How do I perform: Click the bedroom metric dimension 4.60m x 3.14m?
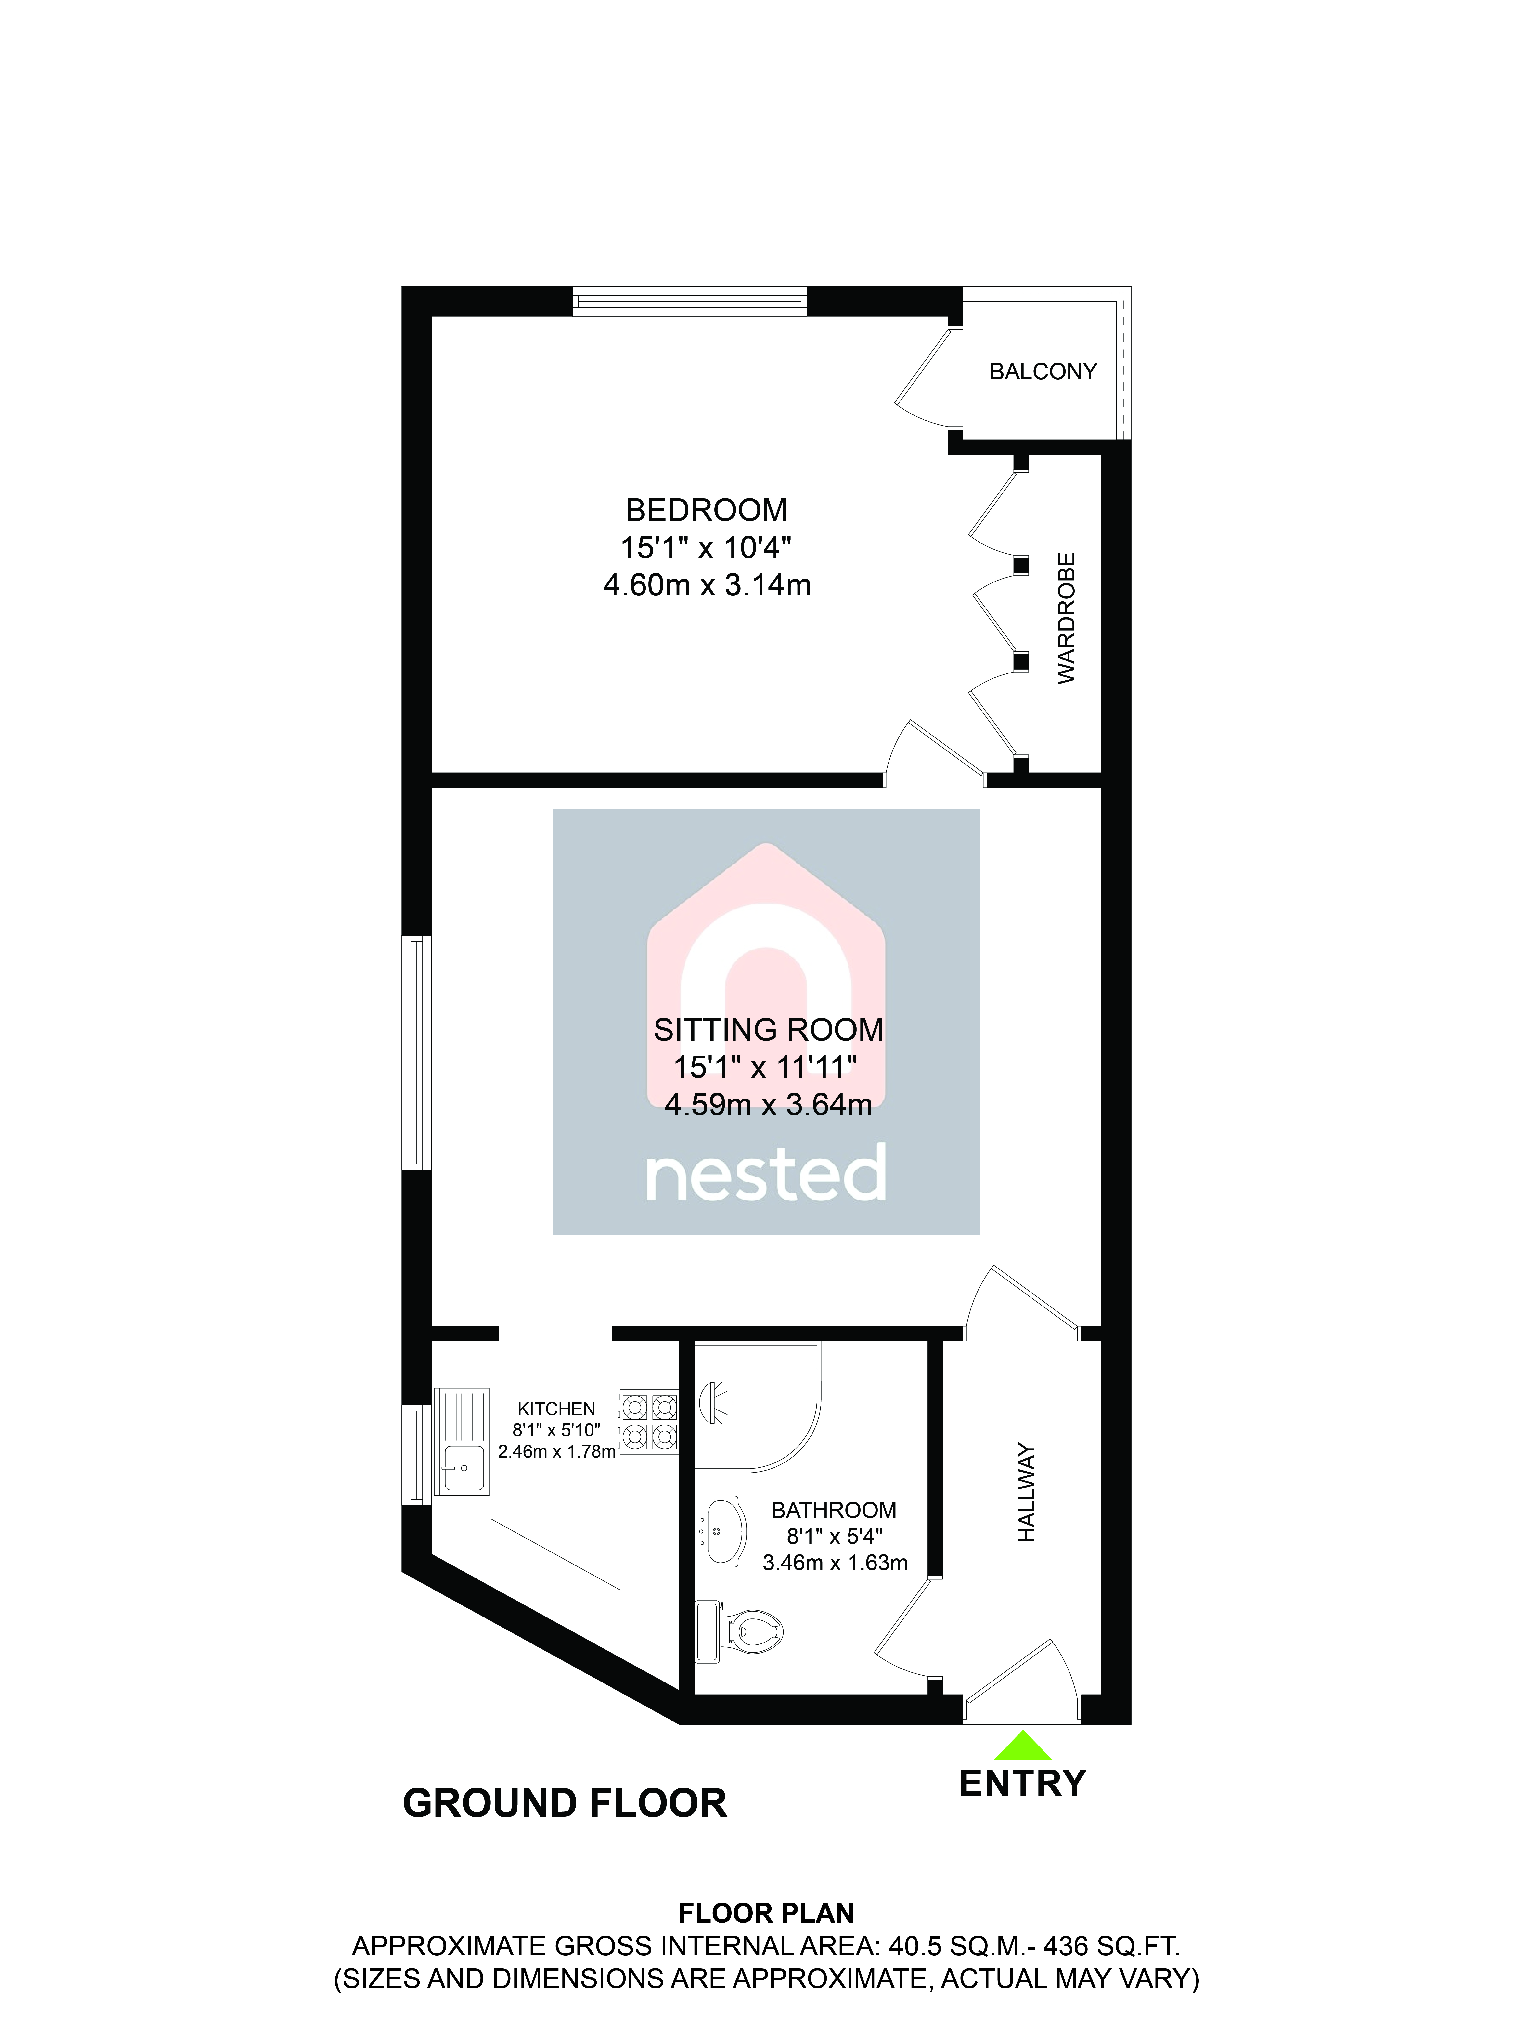707,585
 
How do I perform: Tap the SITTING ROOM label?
768,1029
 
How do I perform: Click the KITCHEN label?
556,1408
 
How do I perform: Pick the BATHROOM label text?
834,1510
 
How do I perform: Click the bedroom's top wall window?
689,301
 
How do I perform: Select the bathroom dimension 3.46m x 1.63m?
834,1563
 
